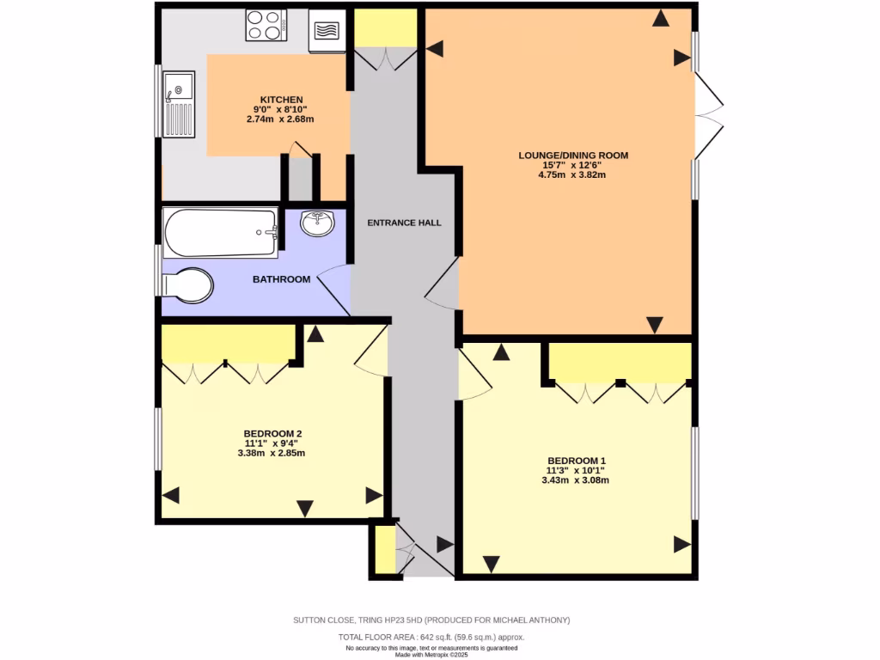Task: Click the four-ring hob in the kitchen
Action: [266, 25]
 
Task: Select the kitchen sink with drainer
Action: [180, 104]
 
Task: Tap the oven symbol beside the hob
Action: [327, 31]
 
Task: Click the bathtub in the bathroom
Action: [221, 232]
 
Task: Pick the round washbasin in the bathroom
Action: [319, 223]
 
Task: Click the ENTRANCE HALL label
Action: [404, 223]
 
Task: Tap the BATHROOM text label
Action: [281, 279]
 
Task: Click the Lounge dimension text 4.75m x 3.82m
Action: [573, 174]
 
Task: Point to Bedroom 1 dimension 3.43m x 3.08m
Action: [575, 480]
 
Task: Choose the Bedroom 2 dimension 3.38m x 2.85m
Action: [272, 453]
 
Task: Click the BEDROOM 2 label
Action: [272, 433]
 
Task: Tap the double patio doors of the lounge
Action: [708, 117]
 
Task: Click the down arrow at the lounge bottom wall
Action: [655, 325]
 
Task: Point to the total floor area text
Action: [431, 637]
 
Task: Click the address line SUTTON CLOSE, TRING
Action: [431, 620]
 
